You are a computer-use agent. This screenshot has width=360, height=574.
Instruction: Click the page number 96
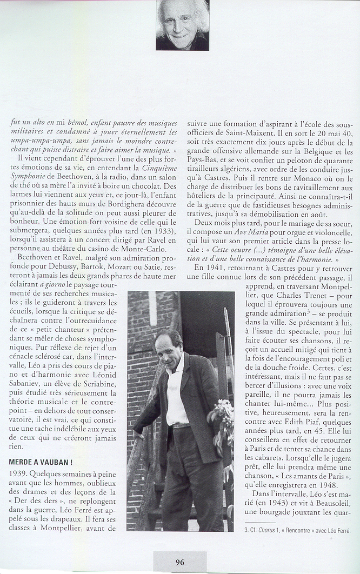click(180, 562)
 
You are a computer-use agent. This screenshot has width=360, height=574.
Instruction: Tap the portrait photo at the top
click(182, 25)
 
